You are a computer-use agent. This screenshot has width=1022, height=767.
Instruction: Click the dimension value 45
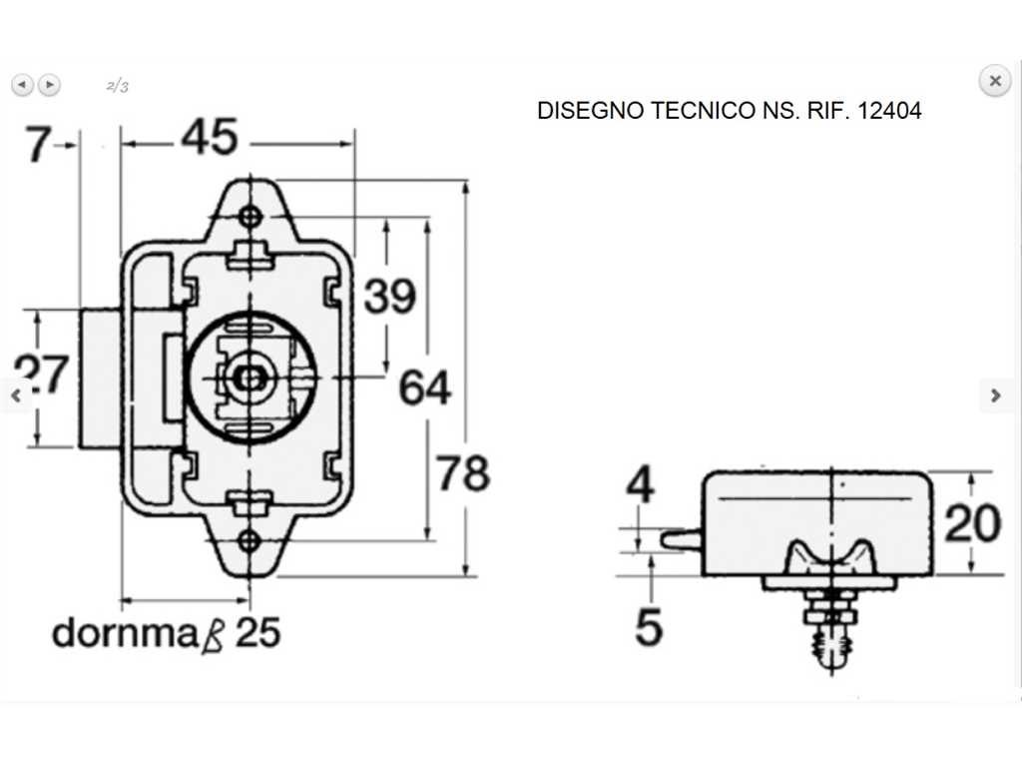(210, 138)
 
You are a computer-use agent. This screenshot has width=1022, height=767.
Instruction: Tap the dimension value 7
(37, 145)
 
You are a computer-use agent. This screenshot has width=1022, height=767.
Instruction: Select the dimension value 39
(390, 296)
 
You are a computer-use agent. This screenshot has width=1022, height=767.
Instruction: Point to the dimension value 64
(425, 387)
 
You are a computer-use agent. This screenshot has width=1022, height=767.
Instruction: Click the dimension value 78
(463, 473)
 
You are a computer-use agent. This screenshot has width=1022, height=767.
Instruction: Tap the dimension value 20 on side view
(972, 523)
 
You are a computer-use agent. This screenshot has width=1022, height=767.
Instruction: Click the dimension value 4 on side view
(640, 485)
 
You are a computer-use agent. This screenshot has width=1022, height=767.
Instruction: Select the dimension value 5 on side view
(649, 627)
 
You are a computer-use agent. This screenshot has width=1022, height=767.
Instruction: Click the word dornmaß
(138, 633)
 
